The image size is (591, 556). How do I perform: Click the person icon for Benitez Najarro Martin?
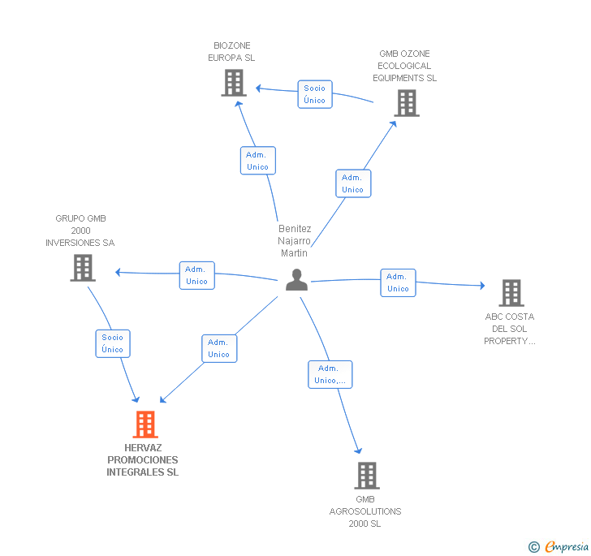tap(297, 280)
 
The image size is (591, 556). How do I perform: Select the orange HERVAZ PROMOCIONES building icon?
tap(145, 424)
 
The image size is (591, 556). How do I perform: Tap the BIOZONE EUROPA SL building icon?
tap(234, 83)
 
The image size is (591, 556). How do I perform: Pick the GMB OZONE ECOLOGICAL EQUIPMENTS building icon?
tap(407, 103)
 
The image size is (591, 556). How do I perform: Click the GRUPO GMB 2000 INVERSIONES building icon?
tap(83, 268)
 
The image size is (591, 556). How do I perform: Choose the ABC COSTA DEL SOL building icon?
tap(511, 293)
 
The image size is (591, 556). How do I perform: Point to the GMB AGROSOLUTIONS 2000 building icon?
tap(367, 476)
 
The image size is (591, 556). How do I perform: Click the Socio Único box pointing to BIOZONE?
tap(314, 94)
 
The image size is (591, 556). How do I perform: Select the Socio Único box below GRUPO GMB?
tap(113, 343)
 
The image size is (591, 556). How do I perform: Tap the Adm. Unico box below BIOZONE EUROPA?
tap(258, 161)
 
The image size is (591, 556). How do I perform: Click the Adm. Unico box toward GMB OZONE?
tap(353, 183)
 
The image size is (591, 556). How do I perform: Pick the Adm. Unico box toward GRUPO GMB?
tap(196, 275)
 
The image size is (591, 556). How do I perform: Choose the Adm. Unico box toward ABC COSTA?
tap(398, 282)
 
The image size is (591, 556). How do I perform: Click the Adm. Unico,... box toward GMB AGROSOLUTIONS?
tap(330, 374)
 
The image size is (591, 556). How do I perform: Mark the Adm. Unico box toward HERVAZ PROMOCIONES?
tap(219, 348)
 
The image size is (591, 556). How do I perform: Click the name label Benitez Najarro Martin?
tap(295, 241)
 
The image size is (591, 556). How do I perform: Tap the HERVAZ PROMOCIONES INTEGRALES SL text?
tap(143, 460)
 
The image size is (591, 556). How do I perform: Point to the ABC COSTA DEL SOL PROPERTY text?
tap(510, 329)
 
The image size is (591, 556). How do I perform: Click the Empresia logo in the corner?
tap(559, 546)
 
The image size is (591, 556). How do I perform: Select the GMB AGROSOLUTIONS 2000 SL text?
tap(365, 511)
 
